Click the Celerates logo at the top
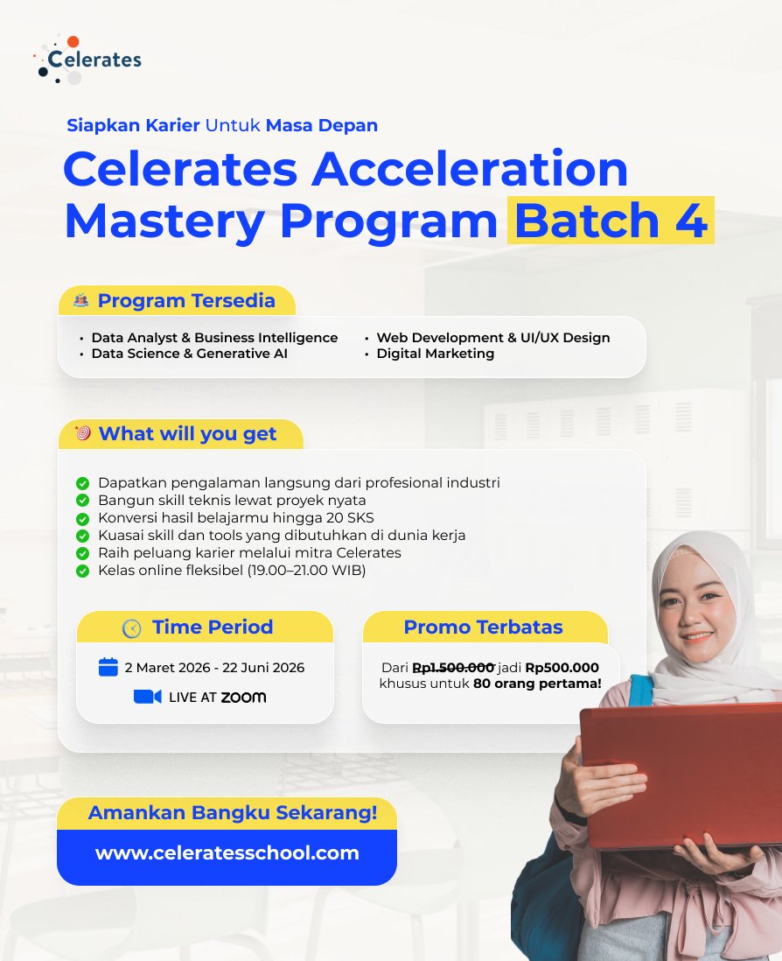87,60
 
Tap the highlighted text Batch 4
611,221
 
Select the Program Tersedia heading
185,301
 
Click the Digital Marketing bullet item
435,354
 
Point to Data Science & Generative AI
189,354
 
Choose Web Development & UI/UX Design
492,338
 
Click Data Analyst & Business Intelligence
214,338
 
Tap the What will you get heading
187,434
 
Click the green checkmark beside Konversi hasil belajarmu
83,518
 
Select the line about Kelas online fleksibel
232,571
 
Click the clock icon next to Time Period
131,628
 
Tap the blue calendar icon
108,667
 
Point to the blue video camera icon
147,697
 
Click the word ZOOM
243,698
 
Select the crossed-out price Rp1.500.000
453,667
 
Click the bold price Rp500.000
562,667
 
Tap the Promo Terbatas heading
483,628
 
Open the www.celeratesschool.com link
227,853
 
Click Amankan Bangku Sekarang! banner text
233,813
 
